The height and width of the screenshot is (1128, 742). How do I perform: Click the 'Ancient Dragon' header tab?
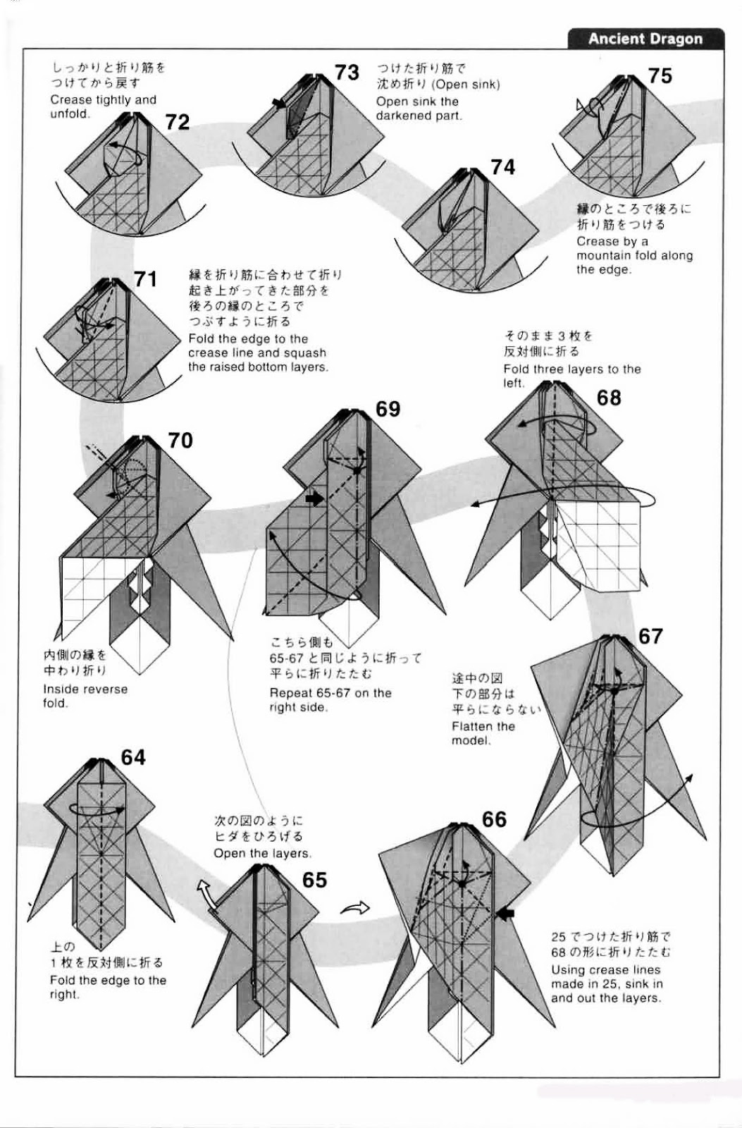tap(645, 39)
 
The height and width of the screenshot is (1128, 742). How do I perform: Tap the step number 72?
tap(178, 122)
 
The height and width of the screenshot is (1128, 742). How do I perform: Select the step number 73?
tap(347, 72)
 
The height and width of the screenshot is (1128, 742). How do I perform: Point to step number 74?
tap(502, 167)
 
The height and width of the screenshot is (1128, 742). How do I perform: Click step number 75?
tap(660, 75)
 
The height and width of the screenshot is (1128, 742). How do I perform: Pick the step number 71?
tap(145, 279)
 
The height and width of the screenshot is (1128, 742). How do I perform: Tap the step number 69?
tap(388, 409)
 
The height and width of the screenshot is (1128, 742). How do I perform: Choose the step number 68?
tap(609, 398)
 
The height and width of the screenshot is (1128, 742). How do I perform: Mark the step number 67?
tap(650, 636)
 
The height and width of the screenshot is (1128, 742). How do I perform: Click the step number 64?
tap(133, 757)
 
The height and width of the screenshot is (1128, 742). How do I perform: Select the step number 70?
tap(180, 441)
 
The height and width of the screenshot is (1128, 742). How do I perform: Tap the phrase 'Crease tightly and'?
tap(103, 99)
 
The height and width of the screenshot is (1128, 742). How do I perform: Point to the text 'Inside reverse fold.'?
tap(85, 696)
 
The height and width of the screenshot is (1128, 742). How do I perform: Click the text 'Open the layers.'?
tap(261, 853)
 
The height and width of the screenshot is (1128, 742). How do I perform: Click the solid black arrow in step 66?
tap(505, 914)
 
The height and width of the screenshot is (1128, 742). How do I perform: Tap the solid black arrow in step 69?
tap(314, 498)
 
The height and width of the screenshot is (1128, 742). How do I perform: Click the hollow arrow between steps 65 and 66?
tap(355, 907)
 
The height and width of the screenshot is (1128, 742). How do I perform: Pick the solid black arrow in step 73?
tap(280, 104)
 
